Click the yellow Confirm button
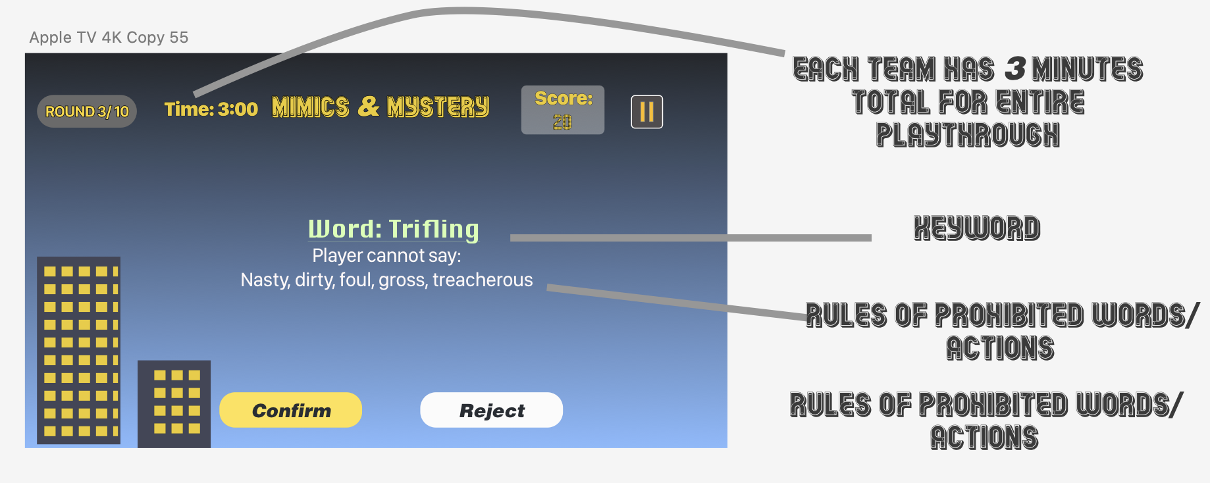(x=290, y=410)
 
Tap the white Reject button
(x=491, y=410)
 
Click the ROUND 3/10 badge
(x=87, y=111)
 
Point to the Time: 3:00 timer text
(x=211, y=109)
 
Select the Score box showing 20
(x=563, y=110)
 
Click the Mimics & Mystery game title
(x=381, y=107)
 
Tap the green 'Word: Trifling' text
(x=394, y=229)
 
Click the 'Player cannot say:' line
(x=386, y=255)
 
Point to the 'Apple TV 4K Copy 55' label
(x=109, y=38)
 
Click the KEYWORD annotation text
(x=977, y=228)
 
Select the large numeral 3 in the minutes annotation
(x=1015, y=68)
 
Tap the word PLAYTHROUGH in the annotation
(x=968, y=135)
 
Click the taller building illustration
(x=78, y=350)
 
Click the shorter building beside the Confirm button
(x=174, y=404)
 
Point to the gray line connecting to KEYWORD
(x=691, y=238)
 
